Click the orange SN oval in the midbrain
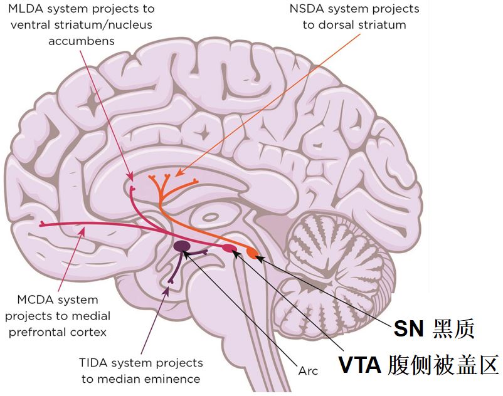[252, 254]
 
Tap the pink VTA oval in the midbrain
[230, 249]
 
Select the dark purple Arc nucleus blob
[183, 247]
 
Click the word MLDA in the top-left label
[27, 9]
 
